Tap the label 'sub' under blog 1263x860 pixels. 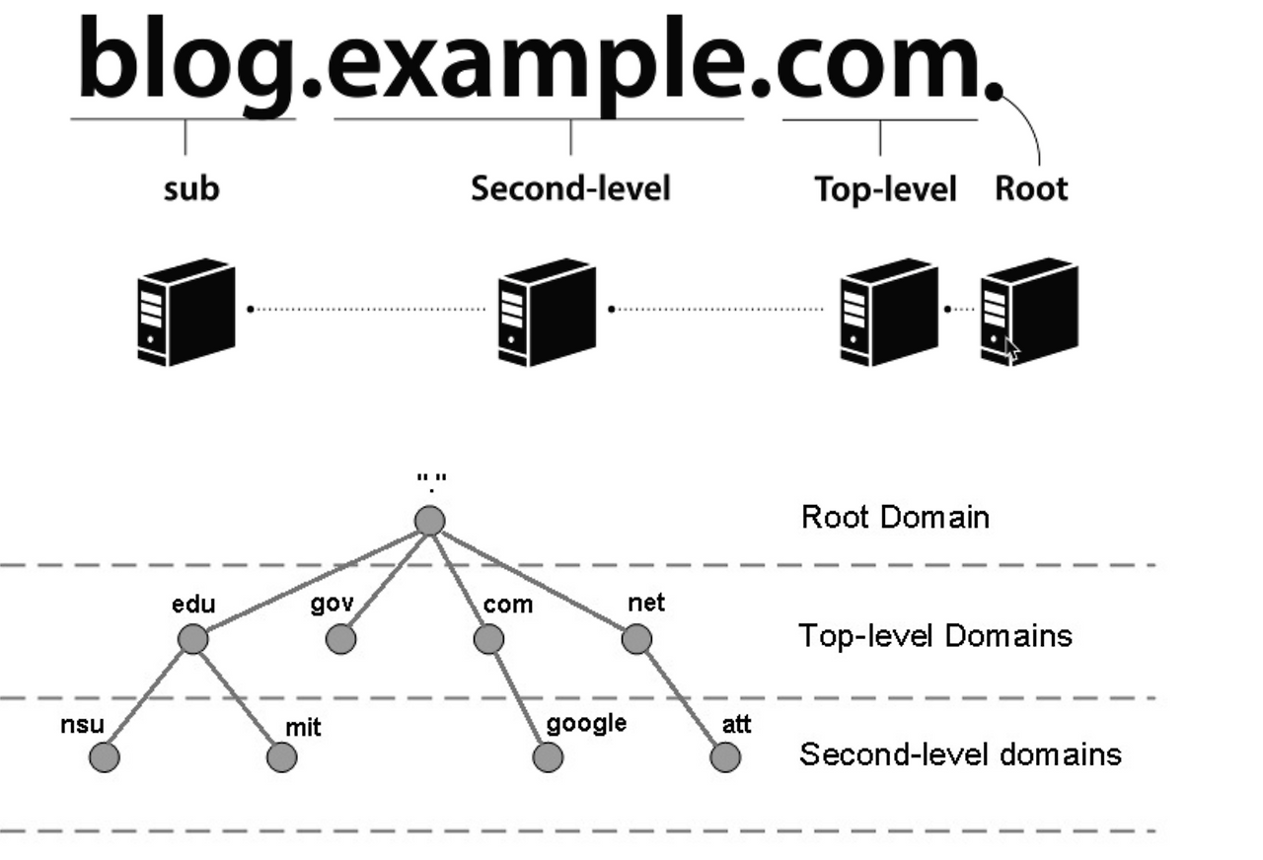click(190, 188)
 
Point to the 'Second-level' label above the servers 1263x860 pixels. click(569, 187)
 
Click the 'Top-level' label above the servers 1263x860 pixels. click(885, 188)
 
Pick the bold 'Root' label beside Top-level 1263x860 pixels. click(1030, 187)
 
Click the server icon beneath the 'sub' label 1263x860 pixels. click(186, 312)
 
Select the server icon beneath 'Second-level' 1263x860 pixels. click(547, 312)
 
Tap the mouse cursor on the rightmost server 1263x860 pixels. click(1011, 349)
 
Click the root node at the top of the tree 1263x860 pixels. click(429, 520)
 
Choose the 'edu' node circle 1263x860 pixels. click(193, 639)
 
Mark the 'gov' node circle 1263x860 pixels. click(340, 639)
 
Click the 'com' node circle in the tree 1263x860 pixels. click(488, 639)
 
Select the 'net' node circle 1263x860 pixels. click(636, 639)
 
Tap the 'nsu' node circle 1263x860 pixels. click(104, 757)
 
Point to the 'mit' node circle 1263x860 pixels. click(281, 757)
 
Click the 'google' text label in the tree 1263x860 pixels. click(586, 723)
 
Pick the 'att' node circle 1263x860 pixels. click(724, 757)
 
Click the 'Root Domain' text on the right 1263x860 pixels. click(894, 517)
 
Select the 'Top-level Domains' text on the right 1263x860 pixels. click(934, 635)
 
